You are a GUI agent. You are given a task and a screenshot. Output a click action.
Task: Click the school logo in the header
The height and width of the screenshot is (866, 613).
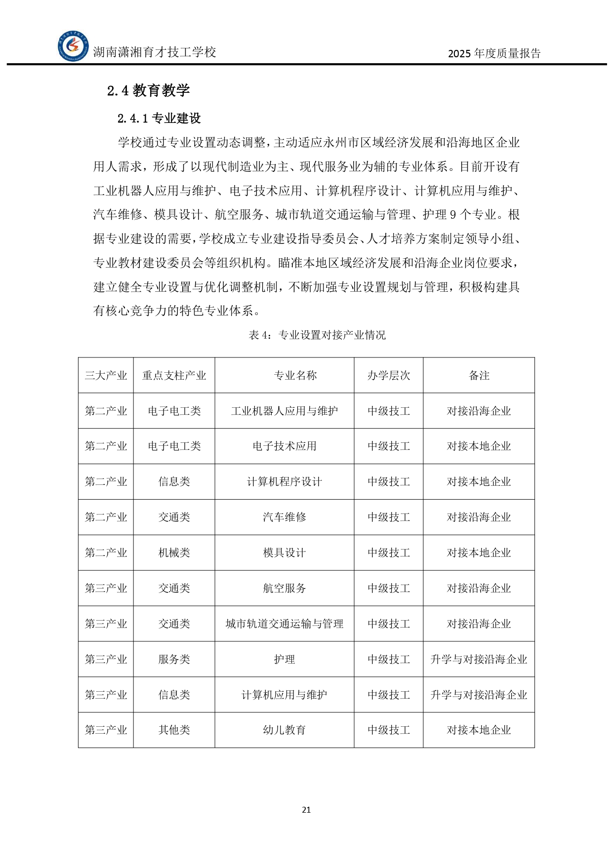[73, 46]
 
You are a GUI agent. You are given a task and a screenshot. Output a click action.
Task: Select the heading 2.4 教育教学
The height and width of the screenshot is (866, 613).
[149, 90]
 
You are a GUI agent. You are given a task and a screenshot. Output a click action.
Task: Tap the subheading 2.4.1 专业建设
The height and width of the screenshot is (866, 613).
[159, 118]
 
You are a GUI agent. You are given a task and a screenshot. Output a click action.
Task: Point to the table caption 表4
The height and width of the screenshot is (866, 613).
[317, 335]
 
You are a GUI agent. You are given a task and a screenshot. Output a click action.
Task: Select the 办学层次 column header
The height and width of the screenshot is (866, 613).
[389, 376]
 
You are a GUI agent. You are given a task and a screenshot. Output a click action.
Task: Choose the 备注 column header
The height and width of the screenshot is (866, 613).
[479, 376]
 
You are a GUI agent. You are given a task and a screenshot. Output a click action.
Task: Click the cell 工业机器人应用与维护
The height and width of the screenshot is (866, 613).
[285, 411]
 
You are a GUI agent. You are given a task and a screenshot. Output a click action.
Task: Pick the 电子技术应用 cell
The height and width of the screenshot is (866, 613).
[285, 446]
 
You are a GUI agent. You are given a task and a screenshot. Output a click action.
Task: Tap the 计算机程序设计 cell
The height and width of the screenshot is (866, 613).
[285, 482]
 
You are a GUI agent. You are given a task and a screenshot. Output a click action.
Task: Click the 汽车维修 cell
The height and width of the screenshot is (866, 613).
[285, 517]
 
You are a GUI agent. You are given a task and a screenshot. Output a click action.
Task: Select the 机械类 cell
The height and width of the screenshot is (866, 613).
[174, 553]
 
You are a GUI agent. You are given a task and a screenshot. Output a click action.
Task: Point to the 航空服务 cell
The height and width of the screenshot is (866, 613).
[285, 589]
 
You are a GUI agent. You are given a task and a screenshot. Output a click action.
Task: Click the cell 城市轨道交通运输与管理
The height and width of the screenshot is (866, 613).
[285, 624]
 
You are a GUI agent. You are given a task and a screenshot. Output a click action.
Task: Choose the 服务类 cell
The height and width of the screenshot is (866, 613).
[174, 660]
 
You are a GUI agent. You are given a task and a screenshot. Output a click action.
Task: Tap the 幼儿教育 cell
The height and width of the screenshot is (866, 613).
[285, 730]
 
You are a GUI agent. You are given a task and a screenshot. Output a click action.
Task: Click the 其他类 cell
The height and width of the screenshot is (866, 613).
[174, 730]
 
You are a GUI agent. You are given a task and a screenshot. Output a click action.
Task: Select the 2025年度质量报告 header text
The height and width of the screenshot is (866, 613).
[494, 53]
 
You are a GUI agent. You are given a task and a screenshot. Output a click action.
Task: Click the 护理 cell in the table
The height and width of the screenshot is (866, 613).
[285, 660]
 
